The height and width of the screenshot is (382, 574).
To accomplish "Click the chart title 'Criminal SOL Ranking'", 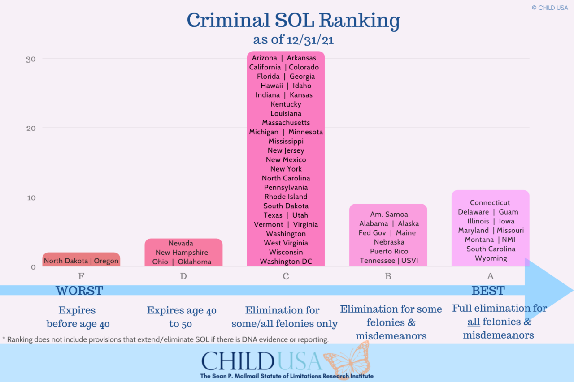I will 293,21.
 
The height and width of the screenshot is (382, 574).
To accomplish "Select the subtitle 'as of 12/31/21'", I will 293,39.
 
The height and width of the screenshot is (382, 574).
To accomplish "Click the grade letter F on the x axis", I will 81,276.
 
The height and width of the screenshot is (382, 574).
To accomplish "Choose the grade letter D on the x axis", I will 183,276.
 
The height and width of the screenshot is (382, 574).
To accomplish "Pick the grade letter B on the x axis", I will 388,276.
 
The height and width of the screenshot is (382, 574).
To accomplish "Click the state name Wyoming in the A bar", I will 491,258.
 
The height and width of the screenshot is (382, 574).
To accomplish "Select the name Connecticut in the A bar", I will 490,203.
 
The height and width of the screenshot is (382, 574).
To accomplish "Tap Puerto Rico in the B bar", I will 389,251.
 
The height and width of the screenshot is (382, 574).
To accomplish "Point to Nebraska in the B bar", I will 389,242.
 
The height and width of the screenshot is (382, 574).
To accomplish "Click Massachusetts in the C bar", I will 286,123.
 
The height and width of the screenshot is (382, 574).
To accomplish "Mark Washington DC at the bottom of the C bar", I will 286,262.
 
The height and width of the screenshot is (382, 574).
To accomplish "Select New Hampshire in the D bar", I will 182,253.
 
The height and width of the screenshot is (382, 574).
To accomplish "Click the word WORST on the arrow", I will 79,291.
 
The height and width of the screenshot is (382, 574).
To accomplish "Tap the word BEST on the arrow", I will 488,291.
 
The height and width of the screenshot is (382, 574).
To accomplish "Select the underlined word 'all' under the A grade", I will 474,322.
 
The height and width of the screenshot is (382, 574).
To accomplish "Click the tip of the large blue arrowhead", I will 572,290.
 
